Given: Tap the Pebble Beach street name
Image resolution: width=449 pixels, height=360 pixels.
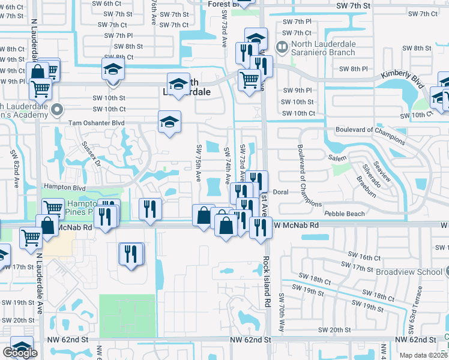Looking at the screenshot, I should pos(345,214).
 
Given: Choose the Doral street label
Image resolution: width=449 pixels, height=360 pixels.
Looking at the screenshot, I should pos(282,192).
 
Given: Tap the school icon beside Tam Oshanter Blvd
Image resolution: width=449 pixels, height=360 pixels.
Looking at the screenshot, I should pos(170,122).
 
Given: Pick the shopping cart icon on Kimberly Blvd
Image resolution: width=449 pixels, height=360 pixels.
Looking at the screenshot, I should pos(249,79).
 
